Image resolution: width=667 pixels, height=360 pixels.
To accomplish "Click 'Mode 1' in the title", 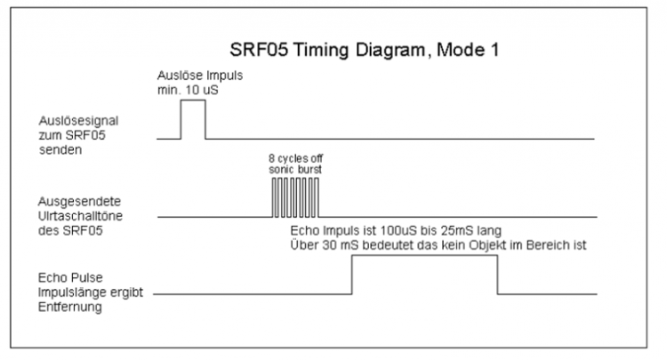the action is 468,50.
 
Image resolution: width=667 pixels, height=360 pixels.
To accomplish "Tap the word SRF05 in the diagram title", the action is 259,50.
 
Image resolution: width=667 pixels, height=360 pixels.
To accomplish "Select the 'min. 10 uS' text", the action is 188,90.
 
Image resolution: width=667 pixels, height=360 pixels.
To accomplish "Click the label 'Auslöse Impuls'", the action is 200,76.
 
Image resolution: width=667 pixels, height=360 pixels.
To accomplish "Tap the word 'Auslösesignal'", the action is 78,121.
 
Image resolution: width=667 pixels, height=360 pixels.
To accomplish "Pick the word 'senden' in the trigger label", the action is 60,150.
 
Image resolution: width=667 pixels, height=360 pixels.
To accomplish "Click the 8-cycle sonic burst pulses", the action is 295,197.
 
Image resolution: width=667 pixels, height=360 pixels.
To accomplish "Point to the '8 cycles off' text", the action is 295,158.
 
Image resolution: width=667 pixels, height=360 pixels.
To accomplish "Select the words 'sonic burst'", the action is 295,170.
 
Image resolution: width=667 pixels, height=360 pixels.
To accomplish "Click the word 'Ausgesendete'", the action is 79,202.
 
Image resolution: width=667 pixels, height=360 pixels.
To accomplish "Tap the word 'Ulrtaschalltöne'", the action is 80,216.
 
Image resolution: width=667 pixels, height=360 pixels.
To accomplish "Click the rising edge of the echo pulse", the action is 352,275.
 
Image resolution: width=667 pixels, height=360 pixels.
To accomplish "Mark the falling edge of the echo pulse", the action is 497,275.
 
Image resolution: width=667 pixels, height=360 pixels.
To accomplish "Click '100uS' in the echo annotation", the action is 398,231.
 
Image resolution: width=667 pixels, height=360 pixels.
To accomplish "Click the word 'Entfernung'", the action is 70,307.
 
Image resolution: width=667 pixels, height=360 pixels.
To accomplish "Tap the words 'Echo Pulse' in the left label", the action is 70,278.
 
